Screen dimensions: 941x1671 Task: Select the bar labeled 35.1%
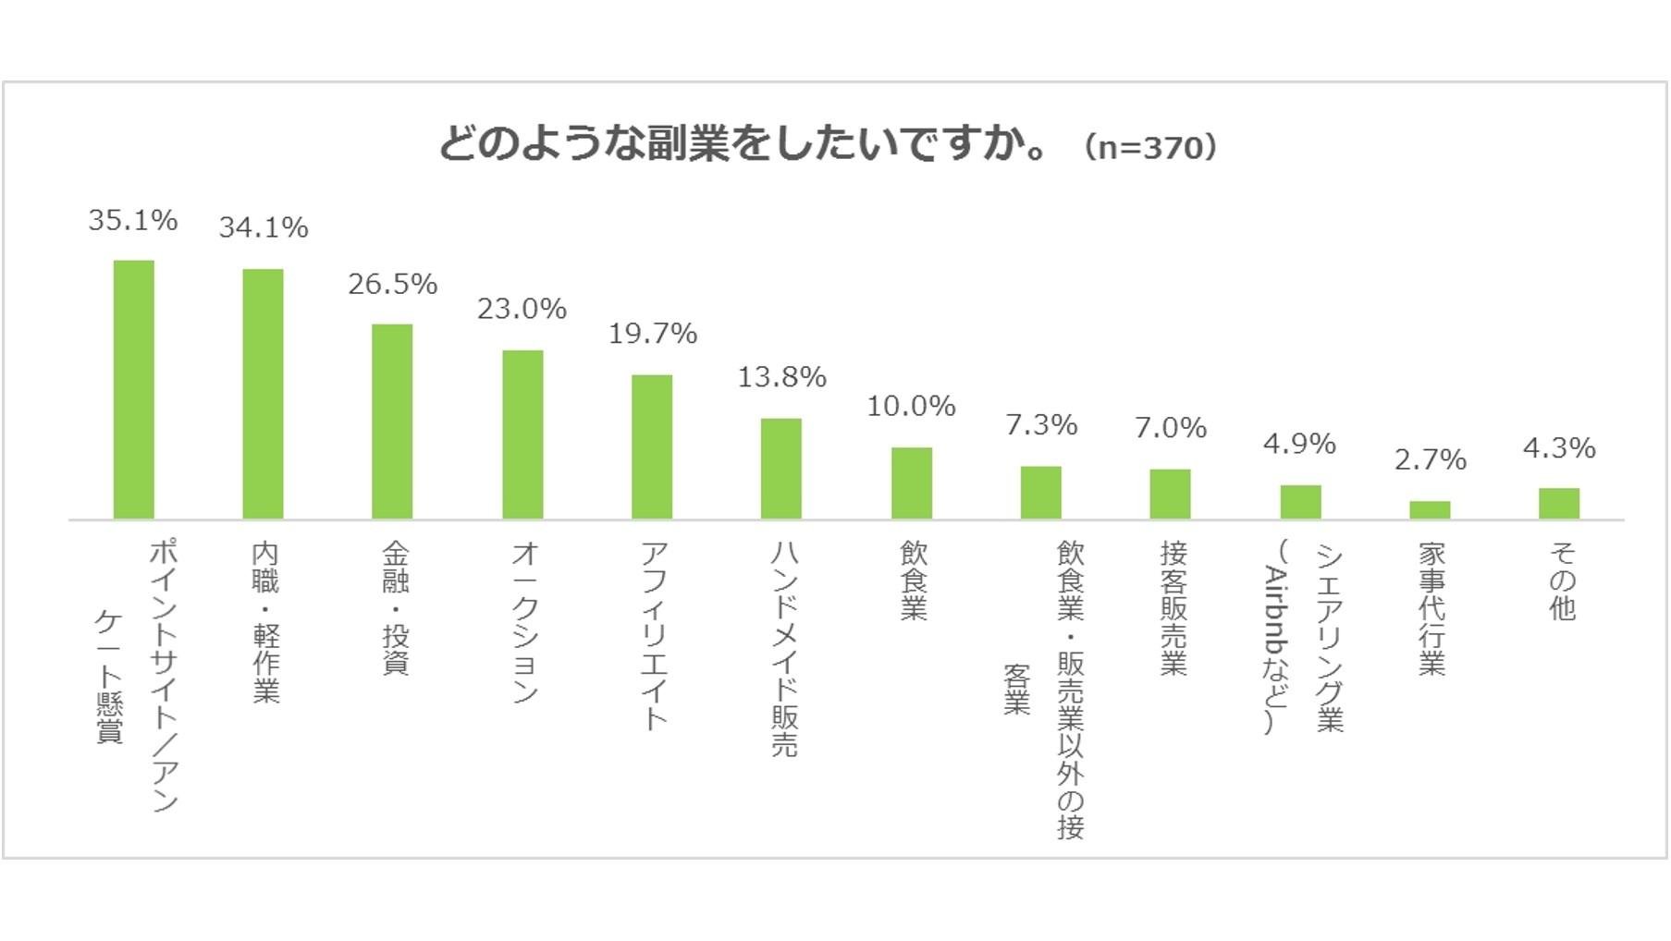(x=133, y=389)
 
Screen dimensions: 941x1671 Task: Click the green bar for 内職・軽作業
(x=263, y=394)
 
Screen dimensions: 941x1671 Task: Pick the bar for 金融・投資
(x=392, y=422)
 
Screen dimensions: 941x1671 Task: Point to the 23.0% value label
(x=522, y=309)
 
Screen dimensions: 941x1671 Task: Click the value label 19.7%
(x=652, y=334)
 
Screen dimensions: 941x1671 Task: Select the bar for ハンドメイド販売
(x=781, y=469)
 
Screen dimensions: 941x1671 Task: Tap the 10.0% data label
(x=911, y=406)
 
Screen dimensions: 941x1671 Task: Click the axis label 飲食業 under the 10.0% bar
(x=914, y=580)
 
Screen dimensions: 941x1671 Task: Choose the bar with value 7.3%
(x=1040, y=493)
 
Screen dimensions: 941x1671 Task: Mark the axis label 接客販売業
(x=1173, y=607)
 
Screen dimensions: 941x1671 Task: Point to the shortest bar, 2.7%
(x=1430, y=510)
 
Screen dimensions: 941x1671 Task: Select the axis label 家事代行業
(x=1431, y=607)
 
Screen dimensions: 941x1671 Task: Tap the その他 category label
(x=1562, y=580)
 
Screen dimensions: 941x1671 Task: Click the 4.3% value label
(x=1559, y=448)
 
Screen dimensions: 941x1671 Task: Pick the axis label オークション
(x=524, y=621)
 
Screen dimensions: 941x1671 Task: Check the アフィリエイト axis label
(x=654, y=636)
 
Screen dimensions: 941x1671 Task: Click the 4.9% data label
(x=1299, y=444)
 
